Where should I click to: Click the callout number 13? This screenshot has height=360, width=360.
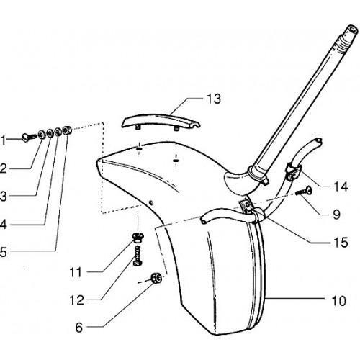[214, 99]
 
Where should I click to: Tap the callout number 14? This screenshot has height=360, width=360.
[341, 186]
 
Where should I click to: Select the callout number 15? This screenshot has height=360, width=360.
[341, 243]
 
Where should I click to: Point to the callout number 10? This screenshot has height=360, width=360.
[338, 300]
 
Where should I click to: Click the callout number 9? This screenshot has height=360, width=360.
[337, 214]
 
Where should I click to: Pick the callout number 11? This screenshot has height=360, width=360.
[76, 272]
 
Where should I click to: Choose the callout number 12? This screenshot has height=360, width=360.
[76, 300]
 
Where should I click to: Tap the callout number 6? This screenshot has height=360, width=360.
[79, 328]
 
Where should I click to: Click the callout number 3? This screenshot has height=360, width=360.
[3, 197]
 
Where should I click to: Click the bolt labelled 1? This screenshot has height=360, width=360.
[29, 138]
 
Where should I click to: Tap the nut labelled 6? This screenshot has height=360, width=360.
[156, 279]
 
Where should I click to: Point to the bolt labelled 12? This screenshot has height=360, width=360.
[138, 256]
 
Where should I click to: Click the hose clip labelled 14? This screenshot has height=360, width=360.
[292, 171]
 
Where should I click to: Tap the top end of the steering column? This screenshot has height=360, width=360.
[352, 29]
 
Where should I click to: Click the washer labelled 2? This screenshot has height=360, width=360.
[42, 134]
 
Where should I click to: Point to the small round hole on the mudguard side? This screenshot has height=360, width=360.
[150, 202]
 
